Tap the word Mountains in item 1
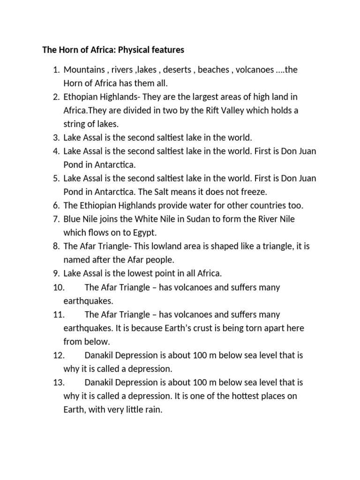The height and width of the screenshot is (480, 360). point(84,70)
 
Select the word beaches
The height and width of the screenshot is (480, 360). point(214,70)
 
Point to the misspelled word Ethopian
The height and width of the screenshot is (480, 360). point(81,97)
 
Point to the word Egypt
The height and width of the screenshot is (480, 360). point(146,232)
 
